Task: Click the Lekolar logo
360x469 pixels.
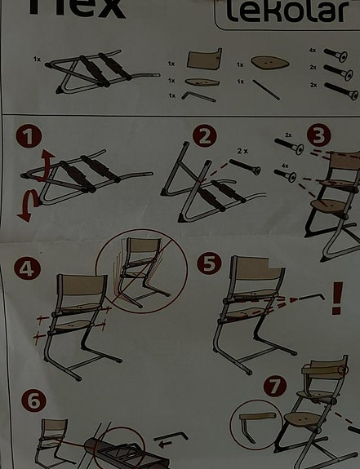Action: click(287, 11)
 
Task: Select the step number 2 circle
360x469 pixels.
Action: click(205, 136)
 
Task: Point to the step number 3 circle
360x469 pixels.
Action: click(319, 135)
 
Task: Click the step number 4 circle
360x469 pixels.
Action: click(28, 268)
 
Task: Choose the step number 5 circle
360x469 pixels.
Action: click(210, 263)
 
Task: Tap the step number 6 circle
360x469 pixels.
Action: click(33, 400)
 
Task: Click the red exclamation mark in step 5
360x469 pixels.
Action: click(337, 299)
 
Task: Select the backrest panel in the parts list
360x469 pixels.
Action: click(204, 59)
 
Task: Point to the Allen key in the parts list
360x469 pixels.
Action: click(198, 96)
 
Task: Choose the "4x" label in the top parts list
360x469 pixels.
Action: click(313, 50)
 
